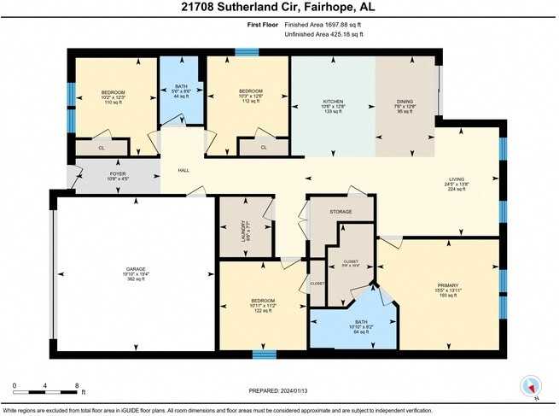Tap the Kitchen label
click(333, 103)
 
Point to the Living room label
click(455, 183)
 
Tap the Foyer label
click(118, 173)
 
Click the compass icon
click(530, 386)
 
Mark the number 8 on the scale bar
click(77, 385)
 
